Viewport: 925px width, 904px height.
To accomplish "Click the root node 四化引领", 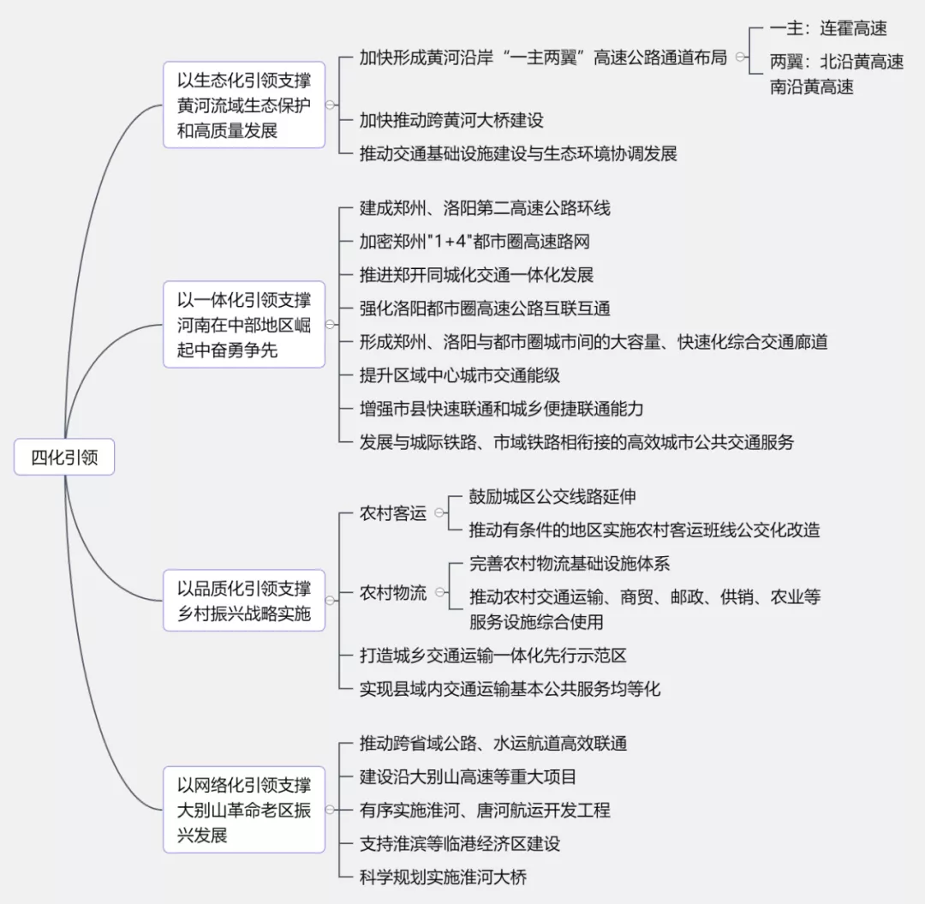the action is click(x=64, y=457).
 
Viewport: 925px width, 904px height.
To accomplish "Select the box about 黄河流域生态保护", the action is click(x=243, y=105).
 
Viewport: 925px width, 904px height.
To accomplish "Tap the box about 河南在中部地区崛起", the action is click(x=243, y=325).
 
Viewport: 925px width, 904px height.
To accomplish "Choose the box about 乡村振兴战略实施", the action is click(x=243, y=601).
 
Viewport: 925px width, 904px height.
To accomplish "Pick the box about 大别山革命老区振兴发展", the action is click(x=243, y=810).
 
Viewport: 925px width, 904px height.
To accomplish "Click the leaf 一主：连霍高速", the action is click(x=828, y=28).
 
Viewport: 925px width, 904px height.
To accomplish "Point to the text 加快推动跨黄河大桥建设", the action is click(x=451, y=120).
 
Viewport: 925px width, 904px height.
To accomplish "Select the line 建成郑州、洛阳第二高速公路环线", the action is click(x=485, y=208).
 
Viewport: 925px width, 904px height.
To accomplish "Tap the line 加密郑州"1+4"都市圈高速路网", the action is click(x=474, y=242).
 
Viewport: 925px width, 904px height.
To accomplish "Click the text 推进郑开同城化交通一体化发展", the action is click(x=477, y=275).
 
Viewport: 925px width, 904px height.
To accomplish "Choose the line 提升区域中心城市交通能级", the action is click(x=460, y=375).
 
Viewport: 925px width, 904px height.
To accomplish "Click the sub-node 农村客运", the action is click(x=393, y=513).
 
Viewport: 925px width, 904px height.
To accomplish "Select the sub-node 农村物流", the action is click(x=393, y=592).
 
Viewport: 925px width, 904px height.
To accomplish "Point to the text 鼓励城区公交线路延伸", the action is click(x=552, y=497).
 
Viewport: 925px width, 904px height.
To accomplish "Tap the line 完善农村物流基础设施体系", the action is click(x=570, y=564).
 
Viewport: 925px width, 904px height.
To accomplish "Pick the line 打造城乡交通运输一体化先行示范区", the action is click(x=493, y=656).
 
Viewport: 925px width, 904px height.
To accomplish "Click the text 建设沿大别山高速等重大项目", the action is click(x=468, y=776).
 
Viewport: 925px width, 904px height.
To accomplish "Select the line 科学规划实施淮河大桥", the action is click(x=443, y=877).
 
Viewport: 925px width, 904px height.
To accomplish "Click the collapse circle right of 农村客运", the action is click(x=439, y=512).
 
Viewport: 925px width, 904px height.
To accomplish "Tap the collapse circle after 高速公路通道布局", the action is click(x=740, y=57).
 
